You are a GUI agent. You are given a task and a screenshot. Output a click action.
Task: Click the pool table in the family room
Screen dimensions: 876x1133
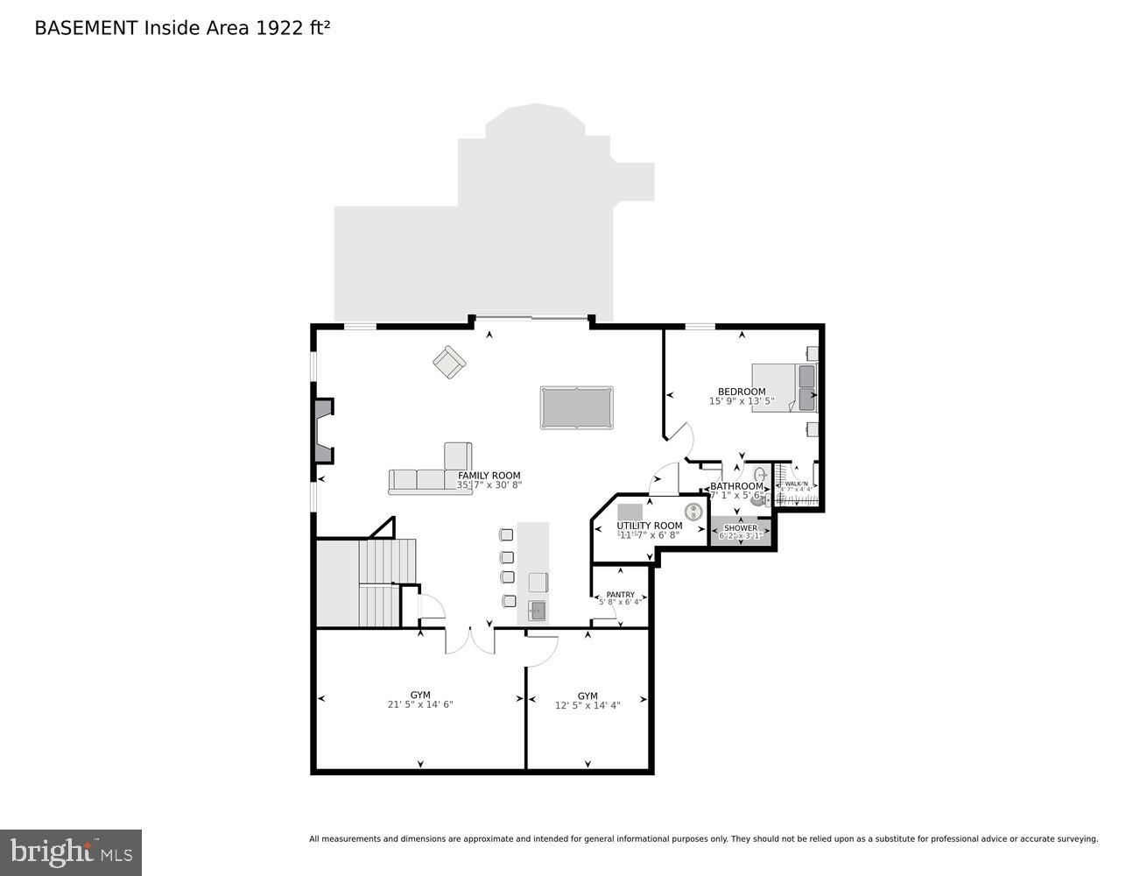[x=576, y=407]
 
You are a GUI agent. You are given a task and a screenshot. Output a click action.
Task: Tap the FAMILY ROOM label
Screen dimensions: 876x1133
[x=489, y=476]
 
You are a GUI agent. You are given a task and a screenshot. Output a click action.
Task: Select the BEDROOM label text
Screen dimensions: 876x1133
[x=742, y=392]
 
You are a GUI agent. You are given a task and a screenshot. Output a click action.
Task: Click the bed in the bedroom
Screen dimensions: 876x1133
[x=785, y=387]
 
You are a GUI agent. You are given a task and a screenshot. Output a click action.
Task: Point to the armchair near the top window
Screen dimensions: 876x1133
[x=449, y=362]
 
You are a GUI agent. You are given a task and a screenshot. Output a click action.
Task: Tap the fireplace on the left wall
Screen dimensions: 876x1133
[x=323, y=430]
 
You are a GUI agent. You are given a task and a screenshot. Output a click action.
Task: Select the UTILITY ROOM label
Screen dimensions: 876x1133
[x=649, y=526]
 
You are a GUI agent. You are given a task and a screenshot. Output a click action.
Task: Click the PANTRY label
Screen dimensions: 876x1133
[x=620, y=594]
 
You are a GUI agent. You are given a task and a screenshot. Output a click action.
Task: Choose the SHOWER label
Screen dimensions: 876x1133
[x=741, y=528]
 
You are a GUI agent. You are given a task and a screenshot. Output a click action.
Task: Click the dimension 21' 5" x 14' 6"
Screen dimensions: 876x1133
[x=420, y=704]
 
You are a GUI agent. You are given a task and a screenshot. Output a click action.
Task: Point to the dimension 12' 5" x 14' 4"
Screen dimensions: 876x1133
[x=588, y=705]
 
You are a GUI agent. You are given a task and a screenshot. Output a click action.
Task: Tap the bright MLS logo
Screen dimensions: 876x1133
[x=71, y=851]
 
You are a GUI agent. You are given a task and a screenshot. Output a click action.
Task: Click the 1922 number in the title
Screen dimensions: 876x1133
[x=277, y=28]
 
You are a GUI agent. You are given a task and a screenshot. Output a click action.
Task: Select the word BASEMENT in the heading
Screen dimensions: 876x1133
[x=86, y=28]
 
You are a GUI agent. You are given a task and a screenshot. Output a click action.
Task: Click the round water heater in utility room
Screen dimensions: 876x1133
[x=693, y=512]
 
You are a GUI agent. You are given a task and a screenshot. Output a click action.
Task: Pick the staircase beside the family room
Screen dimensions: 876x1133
[x=385, y=583]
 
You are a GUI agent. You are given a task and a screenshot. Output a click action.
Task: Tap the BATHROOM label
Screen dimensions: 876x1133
[x=736, y=486]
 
